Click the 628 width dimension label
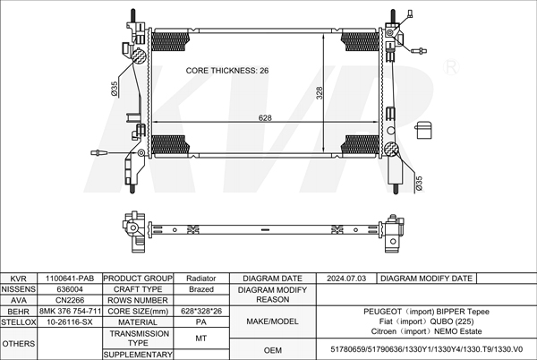(x=265, y=118)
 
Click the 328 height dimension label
(x=320, y=93)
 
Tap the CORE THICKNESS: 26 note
(x=227, y=71)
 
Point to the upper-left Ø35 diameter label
(x=115, y=89)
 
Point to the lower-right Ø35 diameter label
(x=419, y=184)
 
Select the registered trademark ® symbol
(x=451, y=67)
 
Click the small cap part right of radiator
(x=423, y=130)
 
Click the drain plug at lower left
(x=99, y=153)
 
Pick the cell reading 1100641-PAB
(x=70, y=279)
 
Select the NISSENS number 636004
(x=70, y=289)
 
